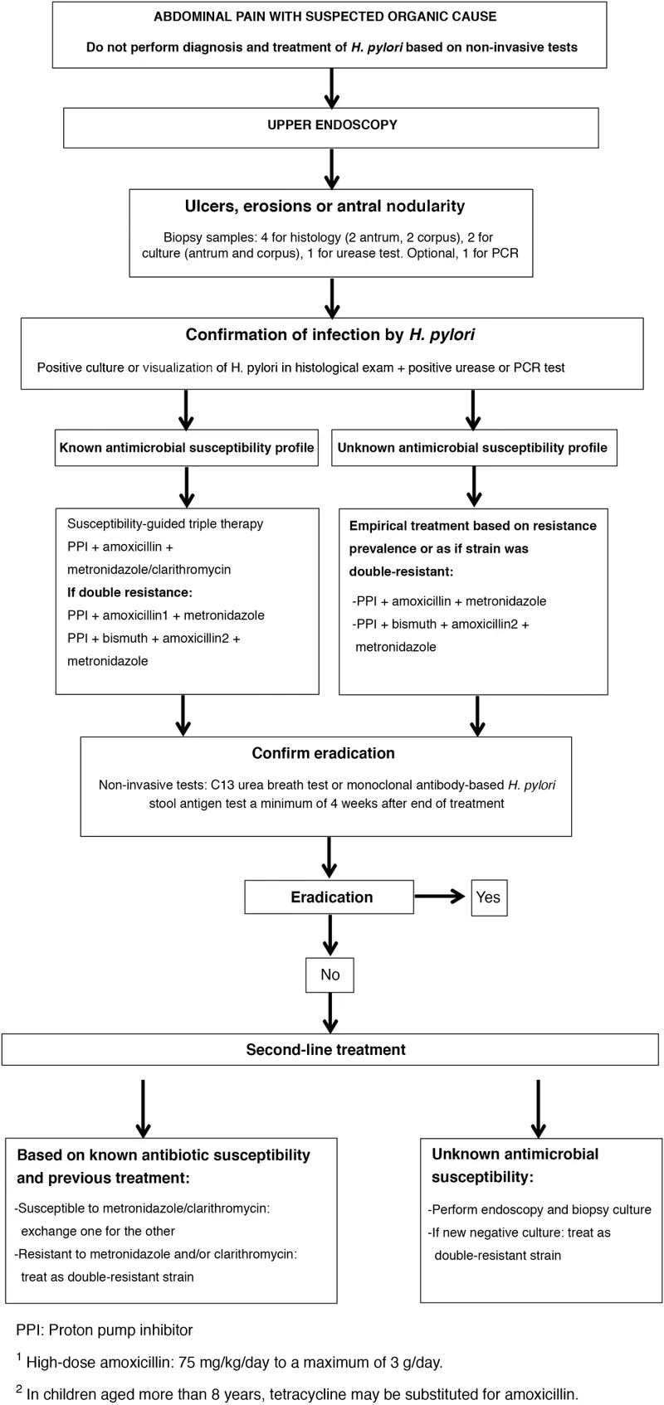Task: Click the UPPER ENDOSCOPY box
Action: [331, 125]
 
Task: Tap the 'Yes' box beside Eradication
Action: [488, 897]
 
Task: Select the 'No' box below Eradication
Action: [330, 975]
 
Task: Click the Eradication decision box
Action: [330, 897]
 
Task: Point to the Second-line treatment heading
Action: [325, 1049]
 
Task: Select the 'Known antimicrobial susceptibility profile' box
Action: [187, 448]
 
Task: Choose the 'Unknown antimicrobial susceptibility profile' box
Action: [472, 448]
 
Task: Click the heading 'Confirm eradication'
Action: [324, 753]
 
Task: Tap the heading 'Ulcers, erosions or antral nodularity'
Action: [325, 207]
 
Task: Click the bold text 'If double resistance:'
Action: [129, 592]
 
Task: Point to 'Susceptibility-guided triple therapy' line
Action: [165, 523]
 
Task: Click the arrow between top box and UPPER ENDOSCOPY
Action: [331, 88]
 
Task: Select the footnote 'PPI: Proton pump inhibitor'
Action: [105, 1330]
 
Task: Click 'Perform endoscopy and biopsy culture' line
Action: [539, 1209]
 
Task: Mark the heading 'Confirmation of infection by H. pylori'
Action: [330, 335]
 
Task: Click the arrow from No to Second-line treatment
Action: [331, 1013]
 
